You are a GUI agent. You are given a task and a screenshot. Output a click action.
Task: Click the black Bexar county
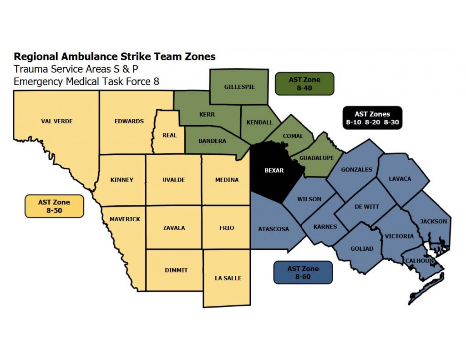click(274, 171)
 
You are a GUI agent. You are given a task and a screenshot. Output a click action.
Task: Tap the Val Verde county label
click(57, 122)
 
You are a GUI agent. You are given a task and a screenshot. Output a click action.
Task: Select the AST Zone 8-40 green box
click(304, 84)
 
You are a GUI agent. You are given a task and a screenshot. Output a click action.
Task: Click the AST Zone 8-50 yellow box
click(54, 206)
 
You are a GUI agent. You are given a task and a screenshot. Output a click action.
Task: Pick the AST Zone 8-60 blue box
click(303, 272)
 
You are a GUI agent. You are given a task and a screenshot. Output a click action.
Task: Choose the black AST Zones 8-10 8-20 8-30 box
click(372, 118)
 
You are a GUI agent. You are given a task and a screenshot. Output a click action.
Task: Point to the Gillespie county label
click(239, 86)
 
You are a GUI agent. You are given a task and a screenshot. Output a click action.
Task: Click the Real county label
click(170, 135)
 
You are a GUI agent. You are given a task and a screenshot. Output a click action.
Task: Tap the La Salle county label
click(228, 278)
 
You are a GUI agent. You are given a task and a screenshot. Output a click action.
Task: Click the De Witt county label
click(366, 207)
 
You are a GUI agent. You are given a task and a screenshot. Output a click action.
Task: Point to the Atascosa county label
click(274, 229)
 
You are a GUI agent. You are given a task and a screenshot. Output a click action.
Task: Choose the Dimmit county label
click(176, 270)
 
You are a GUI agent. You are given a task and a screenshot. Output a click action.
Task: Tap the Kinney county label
click(122, 180)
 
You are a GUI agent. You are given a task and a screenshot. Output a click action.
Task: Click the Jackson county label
click(433, 222)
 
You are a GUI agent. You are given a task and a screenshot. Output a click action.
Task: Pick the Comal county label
click(293, 136)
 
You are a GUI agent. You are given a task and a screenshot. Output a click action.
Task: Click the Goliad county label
click(362, 248)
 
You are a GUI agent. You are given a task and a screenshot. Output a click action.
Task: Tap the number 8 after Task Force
click(156, 81)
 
